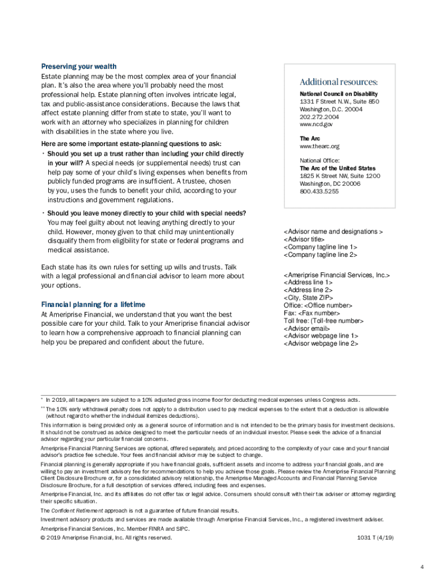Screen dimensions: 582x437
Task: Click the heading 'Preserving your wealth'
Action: coord(78,66)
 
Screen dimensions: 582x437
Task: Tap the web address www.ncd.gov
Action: coord(316,124)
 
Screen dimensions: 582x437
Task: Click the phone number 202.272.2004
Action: coord(320,117)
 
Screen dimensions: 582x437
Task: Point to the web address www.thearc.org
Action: coord(320,146)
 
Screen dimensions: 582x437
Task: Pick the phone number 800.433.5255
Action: coord(319,192)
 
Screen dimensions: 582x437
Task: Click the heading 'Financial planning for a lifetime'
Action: coord(93,304)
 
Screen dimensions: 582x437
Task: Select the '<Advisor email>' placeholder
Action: coord(306,329)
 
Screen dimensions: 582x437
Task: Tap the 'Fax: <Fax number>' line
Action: coord(312,313)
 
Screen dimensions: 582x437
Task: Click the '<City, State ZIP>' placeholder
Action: coord(308,297)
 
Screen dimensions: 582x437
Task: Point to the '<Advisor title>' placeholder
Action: coord(306,239)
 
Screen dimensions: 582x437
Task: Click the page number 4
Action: coord(422,551)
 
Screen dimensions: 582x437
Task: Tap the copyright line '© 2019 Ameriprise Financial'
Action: coord(106,537)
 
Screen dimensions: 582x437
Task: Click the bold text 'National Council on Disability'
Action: coord(339,94)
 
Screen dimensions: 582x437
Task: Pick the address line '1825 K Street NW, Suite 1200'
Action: coord(340,176)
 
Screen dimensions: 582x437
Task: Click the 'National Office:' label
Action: coord(320,161)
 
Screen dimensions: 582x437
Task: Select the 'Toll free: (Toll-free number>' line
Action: coord(323,321)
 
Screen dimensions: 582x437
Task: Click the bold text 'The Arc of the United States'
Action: coord(338,169)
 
